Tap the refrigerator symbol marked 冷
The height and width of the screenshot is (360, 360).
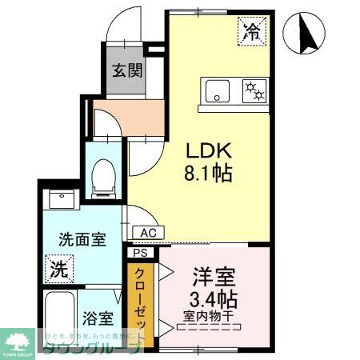tap(252, 32)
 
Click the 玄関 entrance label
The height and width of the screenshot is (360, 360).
tap(126, 70)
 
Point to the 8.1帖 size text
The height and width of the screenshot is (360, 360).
tap(210, 173)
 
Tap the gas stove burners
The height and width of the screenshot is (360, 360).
tap(254, 90)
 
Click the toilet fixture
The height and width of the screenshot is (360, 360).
tap(102, 177)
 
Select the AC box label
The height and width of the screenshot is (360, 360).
tap(149, 233)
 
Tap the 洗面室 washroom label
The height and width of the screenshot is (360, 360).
tap(82, 239)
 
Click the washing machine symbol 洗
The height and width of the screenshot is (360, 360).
tap(60, 266)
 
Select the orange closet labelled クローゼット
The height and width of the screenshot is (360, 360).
tap(141, 303)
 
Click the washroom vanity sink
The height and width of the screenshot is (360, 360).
tap(61, 199)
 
